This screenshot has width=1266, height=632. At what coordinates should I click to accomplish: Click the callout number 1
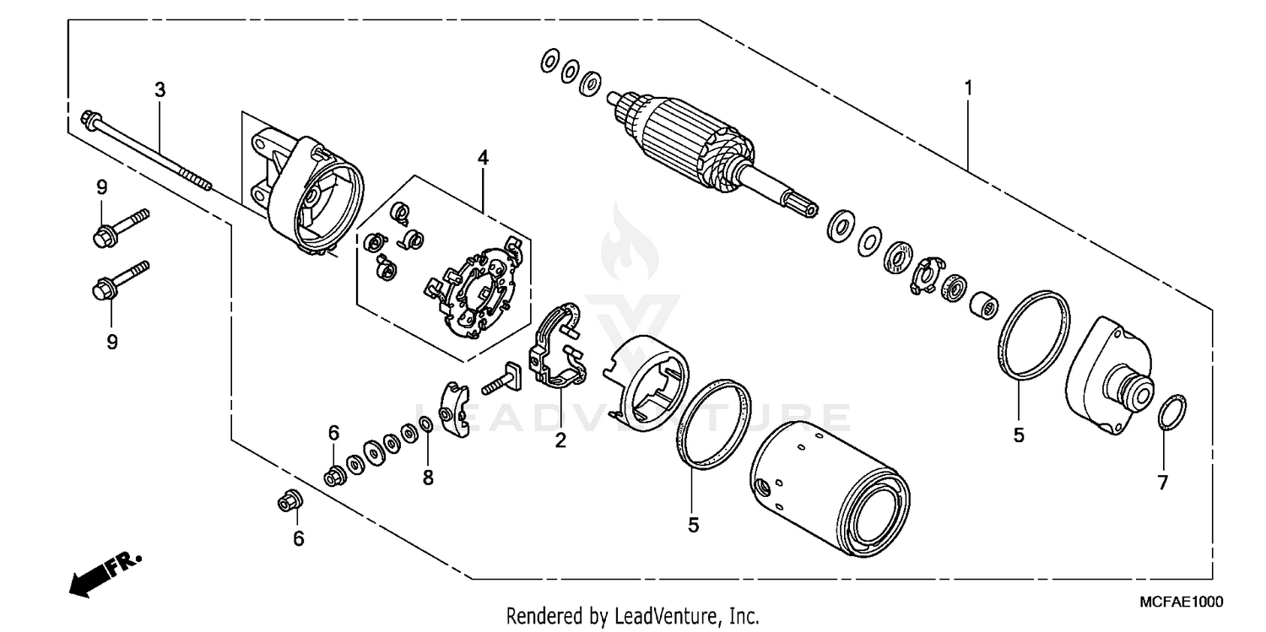[969, 87]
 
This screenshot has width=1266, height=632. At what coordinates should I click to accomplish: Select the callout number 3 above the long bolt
[160, 89]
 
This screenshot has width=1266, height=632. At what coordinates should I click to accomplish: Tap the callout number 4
[483, 157]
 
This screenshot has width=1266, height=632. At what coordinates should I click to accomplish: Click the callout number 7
[1162, 483]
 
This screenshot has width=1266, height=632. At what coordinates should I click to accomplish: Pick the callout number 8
[428, 478]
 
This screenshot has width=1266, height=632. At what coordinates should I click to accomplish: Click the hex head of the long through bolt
[88, 119]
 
